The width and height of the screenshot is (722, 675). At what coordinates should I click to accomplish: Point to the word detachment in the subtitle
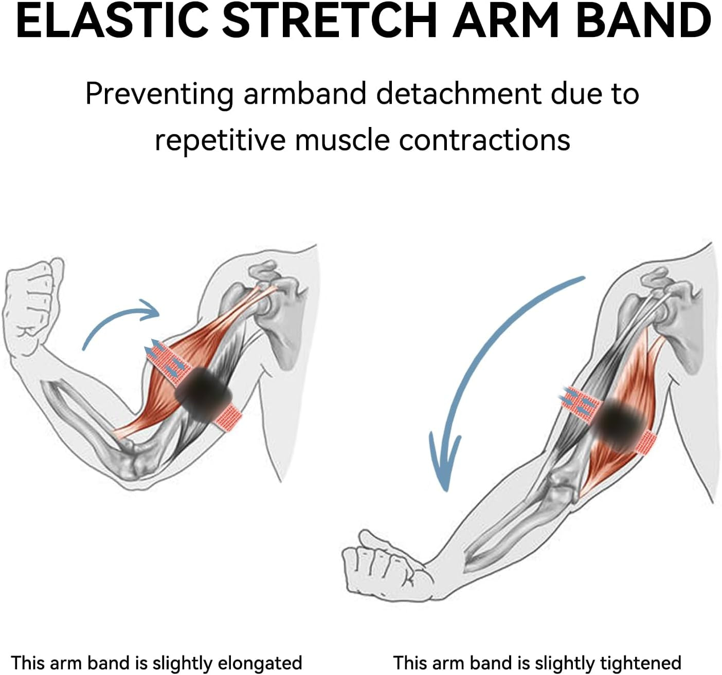(458, 94)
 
